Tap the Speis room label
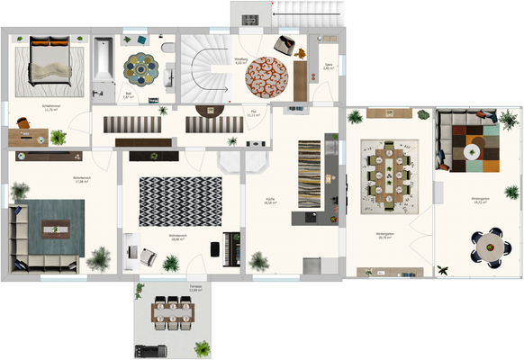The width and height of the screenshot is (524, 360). coord(329,66)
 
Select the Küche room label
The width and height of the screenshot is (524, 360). coord(270,201)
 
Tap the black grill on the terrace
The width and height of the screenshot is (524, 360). coord(148,348)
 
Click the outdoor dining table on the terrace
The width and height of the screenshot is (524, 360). coord(171,313)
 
